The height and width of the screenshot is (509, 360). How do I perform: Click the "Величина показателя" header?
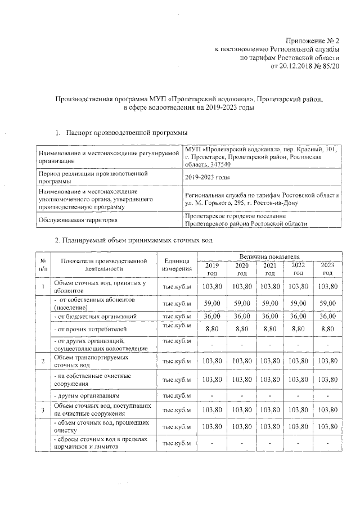pyautogui.click(x=270, y=257)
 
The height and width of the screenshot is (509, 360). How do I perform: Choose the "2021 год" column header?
pyautogui.click(x=270, y=269)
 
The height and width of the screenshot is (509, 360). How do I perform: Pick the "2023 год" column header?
pyautogui.click(x=327, y=269)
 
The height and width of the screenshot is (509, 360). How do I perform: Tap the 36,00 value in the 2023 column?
pyautogui.click(x=327, y=317)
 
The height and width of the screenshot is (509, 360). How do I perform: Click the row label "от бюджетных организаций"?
pyautogui.click(x=95, y=317)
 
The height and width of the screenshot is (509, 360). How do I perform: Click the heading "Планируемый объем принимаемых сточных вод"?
pyautogui.click(x=133, y=240)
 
